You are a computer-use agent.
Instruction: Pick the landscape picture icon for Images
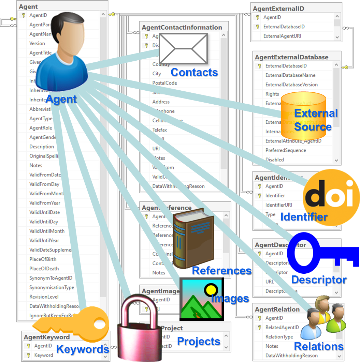[201, 298]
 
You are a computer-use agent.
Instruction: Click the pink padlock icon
[138, 329]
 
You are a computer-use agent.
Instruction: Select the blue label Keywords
[82, 349]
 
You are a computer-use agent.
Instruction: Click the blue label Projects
[199, 341]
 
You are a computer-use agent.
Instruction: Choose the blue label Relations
[318, 347]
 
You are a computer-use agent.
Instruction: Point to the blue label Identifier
[304, 216]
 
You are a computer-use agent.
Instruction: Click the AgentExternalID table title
[278, 9]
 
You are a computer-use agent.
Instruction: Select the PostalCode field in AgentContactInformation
[164, 83]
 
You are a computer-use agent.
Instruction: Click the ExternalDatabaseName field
[290, 75]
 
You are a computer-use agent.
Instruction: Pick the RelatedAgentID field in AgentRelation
[282, 327]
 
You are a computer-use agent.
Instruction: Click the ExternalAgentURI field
[282, 36]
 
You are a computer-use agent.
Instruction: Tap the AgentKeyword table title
[47, 337]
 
